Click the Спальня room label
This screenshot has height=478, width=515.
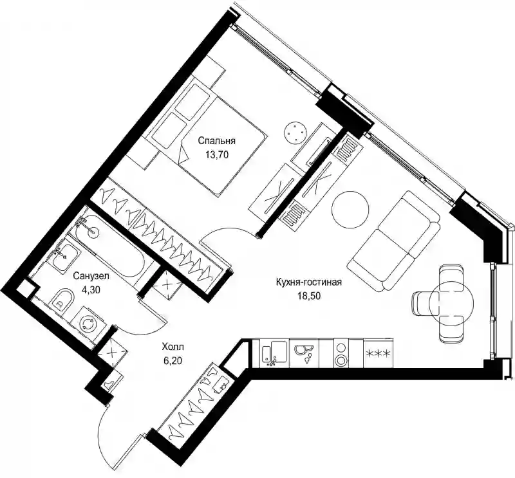click(x=216, y=141)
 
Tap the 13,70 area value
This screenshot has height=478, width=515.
click(x=216, y=154)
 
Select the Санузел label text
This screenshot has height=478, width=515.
click(x=91, y=276)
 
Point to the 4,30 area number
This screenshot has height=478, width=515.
click(x=91, y=290)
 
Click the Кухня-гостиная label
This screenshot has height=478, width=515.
click(x=309, y=282)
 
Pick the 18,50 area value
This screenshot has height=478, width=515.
click(x=309, y=296)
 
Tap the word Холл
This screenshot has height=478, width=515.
click(x=173, y=347)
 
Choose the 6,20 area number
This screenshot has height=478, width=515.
click(x=173, y=360)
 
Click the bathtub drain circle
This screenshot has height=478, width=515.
click(x=93, y=232)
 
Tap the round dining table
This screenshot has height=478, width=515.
click(x=451, y=302)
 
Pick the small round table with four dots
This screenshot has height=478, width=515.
click(x=295, y=132)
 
